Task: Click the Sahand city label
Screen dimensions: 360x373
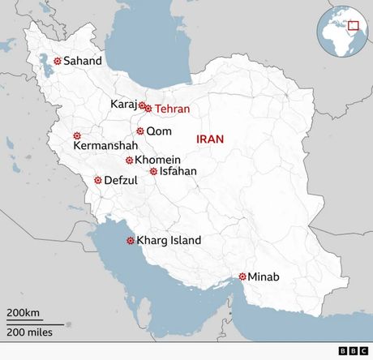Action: [83, 61]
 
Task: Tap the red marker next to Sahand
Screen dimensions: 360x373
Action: [57, 61]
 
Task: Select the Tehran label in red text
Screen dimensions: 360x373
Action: [173, 109]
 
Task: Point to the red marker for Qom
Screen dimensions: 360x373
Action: [139, 131]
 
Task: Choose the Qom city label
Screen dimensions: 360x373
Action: [158, 131]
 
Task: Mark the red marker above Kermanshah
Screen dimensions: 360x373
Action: [77, 135]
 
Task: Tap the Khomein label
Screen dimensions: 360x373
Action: [157, 160]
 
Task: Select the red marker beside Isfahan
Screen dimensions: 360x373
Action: [153, 171]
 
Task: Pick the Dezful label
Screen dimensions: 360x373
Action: [121, 180]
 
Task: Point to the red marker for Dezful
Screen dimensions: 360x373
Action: [97, 180]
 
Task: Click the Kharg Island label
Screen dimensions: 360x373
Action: [169, 240]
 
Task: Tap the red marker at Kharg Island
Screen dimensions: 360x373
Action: [130, 240]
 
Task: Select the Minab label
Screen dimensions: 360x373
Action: [264, 277]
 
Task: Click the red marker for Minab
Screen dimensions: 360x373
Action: [242, 276]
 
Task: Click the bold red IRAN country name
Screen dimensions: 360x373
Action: [210, 139]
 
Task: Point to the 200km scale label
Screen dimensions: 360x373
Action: [24, 313]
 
